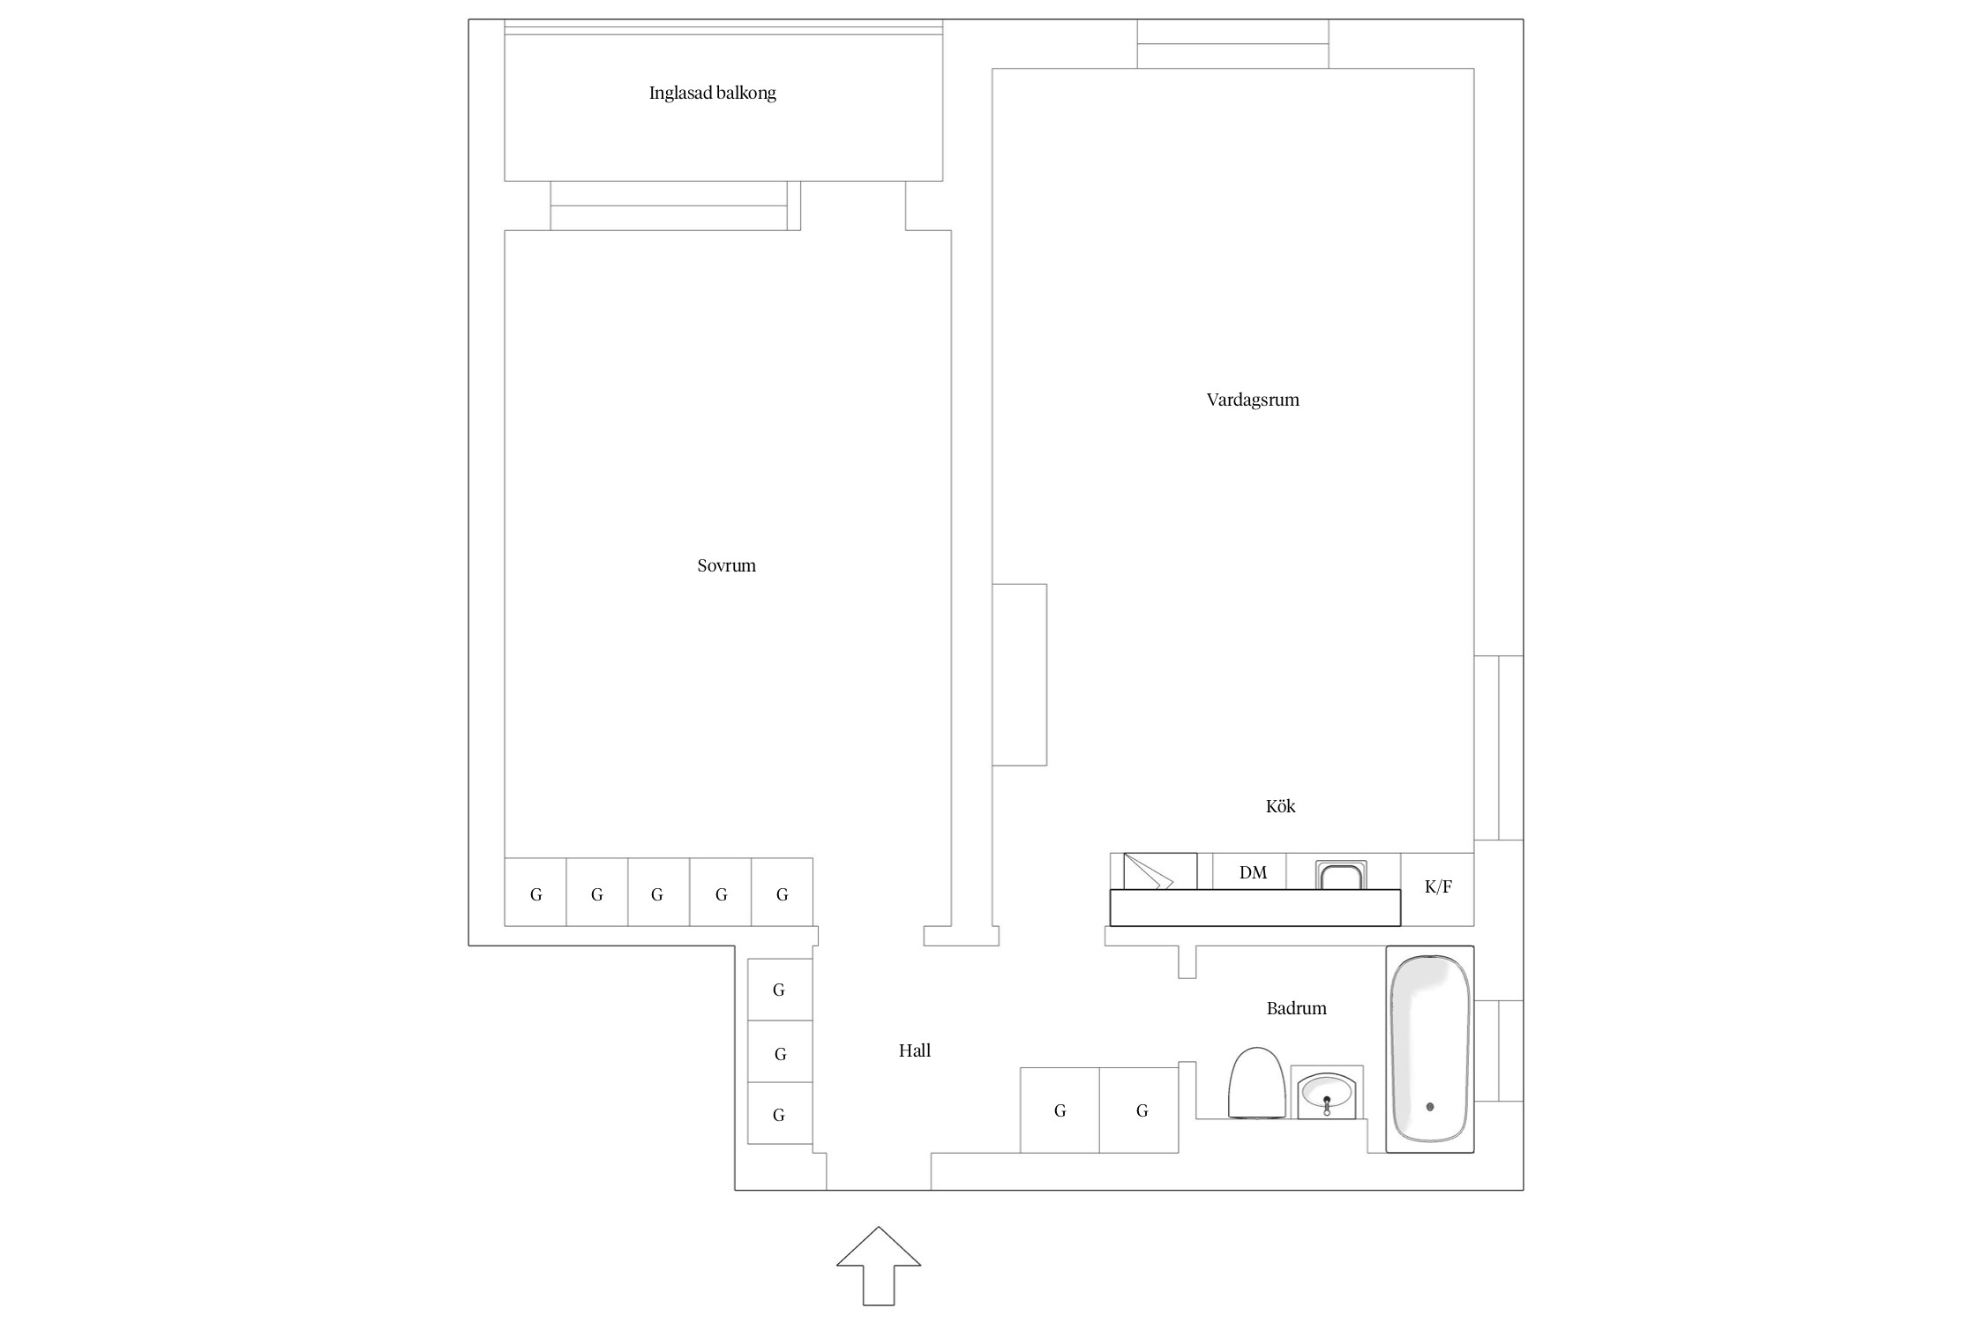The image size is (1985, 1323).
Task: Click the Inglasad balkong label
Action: [712, 93]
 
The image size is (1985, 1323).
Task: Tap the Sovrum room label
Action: [726, 565]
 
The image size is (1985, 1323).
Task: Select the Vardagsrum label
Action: [1252, 400]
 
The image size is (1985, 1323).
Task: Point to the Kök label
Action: [1280, 806]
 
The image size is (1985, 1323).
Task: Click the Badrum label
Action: [1296, 1008]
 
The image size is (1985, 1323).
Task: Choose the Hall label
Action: [914, 1050]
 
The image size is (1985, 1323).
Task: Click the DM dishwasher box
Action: [1251, 872]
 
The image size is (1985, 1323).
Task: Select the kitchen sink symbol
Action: [1341, 876]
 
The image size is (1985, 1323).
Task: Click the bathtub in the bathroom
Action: [1430, 1050]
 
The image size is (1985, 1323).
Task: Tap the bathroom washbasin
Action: [1327, 1093]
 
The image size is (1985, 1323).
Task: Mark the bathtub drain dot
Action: [1430, 1107]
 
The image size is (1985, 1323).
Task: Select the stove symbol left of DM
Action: [1159, 871]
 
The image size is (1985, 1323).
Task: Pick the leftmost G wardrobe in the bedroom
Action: [536, 893]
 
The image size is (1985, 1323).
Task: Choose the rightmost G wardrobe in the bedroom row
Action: [782, 893]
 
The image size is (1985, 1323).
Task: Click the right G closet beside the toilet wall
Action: [1140, 1110]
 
